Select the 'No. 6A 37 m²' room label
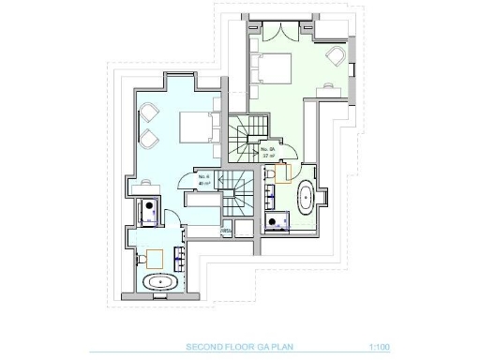pyautogui.click(x=268, y=153)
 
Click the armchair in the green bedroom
pyautogui.click(x=335, y=56)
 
